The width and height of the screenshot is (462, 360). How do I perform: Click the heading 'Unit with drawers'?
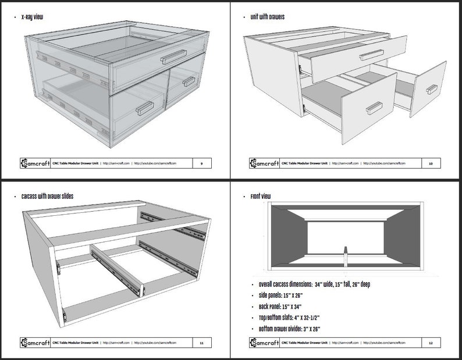tap(267, 17)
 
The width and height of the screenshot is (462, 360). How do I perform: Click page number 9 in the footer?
tap(201, 163)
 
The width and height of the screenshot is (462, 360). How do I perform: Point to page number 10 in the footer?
tap(431, 163)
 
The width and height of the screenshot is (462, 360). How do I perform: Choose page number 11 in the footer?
tap(201, 343)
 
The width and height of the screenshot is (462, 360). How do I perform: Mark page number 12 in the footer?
tap(431, 343)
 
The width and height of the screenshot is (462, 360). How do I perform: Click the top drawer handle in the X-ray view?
tap(174, 56)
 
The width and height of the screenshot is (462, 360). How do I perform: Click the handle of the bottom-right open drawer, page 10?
tap(431, 89)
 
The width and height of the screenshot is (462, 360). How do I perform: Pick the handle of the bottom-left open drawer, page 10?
tap(374, 108)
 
